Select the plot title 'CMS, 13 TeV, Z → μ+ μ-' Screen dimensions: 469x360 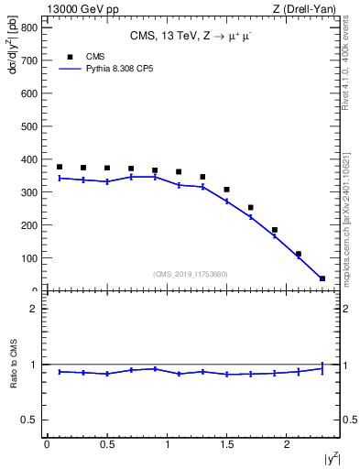tap(191, 36)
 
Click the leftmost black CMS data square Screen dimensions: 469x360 tap(60, 167)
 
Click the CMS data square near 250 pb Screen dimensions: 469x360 tap(250, 208)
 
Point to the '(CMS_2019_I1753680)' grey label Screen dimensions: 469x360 tap(191, 273)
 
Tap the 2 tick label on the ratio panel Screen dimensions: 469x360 tap(32, 309)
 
